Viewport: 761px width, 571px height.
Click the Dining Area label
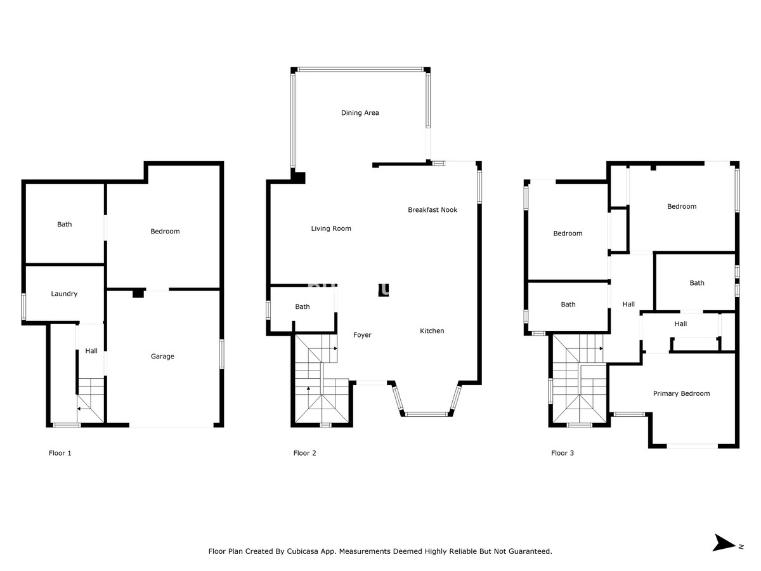point(360,113)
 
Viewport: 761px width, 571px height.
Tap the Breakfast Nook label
point(433,210)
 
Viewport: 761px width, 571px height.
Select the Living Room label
point(331,228)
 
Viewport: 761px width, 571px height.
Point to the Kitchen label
point(432,331)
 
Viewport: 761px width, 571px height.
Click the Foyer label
point(362,335)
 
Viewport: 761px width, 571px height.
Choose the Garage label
point(162,357)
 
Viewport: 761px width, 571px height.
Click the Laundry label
point(64,294)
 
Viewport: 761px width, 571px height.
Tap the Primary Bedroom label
point(681,394)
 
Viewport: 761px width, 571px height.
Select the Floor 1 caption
point(60,453)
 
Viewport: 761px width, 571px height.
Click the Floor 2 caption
point(304,453)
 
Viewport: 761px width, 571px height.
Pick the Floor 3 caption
point(563,453)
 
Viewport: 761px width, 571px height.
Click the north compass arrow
point(724,543)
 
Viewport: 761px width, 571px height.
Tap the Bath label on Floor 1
point(65,225)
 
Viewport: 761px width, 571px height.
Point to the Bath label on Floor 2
point(302,307)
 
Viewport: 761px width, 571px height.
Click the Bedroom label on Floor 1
point(165,232)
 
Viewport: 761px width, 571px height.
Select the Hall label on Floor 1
point(91,351)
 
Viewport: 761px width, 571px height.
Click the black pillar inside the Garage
point(138,294)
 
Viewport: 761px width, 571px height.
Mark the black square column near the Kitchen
point(384,290)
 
